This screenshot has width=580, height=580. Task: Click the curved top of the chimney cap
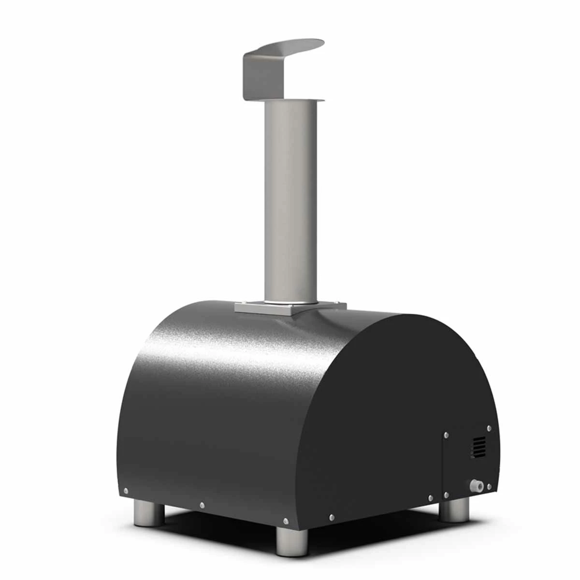pyautogui.click(x=290, y=46)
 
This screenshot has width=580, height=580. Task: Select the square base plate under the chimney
pyautogui.click(x=290, y=306)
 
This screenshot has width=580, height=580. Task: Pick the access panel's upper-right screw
pyautogui.click(x=489, y=428)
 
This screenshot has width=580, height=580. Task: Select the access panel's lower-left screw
pyautogui.click(x=446, y=494)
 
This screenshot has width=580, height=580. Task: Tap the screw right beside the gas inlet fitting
pyautogui.click(x=489, y=486)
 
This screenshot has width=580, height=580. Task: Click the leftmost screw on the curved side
pyautogui.click(x=126, y=491)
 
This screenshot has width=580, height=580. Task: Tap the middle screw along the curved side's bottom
pyautogui.click(x=202, y=506)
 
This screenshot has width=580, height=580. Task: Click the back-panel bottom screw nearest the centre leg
pyautogui.click(x=331, y=518)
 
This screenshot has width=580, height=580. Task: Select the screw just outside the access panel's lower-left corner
pyautogui.click(x=430, y=497)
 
